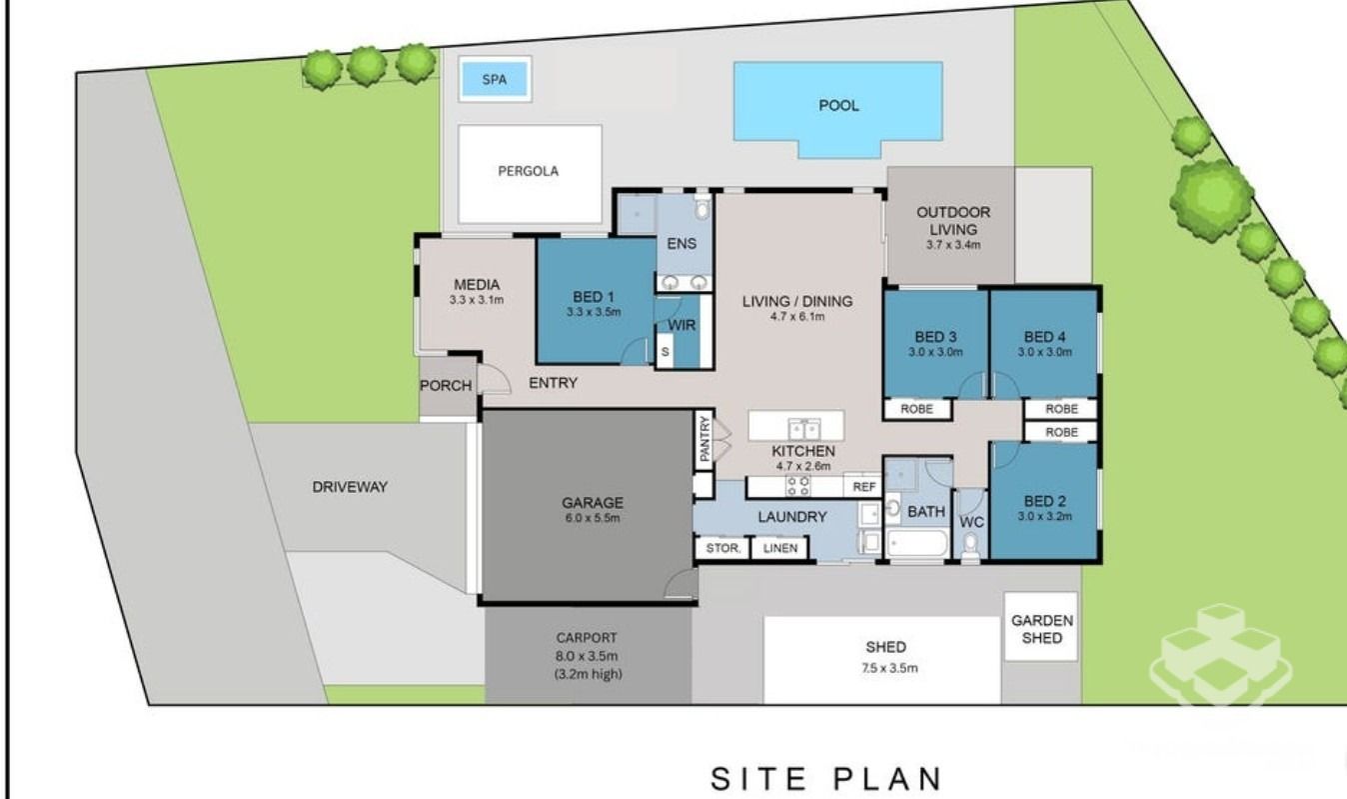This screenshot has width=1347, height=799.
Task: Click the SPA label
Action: [x=495, y=79]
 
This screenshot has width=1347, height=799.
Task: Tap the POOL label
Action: [x=838, y=106]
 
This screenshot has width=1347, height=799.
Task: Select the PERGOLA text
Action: [x=528, y=171]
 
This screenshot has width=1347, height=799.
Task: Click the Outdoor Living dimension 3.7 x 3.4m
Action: [x=953, y=245]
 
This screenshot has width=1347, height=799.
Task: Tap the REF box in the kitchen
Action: [x=864, y=487]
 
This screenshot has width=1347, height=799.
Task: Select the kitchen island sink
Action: [x=804, y=430]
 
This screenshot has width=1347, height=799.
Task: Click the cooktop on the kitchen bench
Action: [x=798, y=486]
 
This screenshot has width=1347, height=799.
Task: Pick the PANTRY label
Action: [x=704, y=439]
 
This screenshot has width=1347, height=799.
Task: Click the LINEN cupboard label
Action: [x=780, y=548]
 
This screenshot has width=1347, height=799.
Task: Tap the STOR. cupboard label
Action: [x=722, y=548]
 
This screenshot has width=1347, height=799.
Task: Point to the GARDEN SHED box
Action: [x=1041, y=627]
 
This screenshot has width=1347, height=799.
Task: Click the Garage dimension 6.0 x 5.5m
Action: [x=593, y=518]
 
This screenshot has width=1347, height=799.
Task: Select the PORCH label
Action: [x=446, y=386]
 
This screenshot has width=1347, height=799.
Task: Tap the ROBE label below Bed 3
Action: [x=917, y=409]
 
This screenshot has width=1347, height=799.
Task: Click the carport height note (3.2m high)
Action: [x=589, y=674]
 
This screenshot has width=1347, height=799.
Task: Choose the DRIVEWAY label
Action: [x=350, y=487]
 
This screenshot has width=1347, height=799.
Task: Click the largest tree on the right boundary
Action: [x=1211, y=200]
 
